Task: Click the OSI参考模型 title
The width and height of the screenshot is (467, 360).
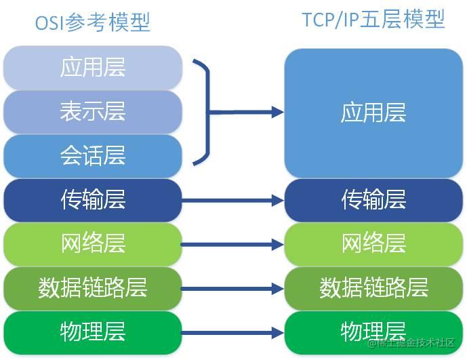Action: [93, 22]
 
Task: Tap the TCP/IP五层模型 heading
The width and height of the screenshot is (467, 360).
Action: [373, 20]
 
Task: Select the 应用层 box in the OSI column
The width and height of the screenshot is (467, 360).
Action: [93, 68]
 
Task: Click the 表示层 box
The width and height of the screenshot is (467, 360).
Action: [93, 112]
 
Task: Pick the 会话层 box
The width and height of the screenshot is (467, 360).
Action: [93, 156]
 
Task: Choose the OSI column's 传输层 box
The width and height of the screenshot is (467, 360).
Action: [93, 200]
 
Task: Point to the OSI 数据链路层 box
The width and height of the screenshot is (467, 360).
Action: [93, 288]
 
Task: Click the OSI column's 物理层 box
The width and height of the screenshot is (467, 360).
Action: [93, 332]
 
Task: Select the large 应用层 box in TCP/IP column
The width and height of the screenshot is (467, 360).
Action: [373, 113]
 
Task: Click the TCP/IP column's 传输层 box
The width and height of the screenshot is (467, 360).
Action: [373, 200]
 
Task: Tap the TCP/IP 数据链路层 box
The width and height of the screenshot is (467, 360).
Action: [373, 288]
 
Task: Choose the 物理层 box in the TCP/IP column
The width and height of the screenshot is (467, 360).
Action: [373, 332]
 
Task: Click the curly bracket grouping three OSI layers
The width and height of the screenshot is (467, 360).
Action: [204, 112]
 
